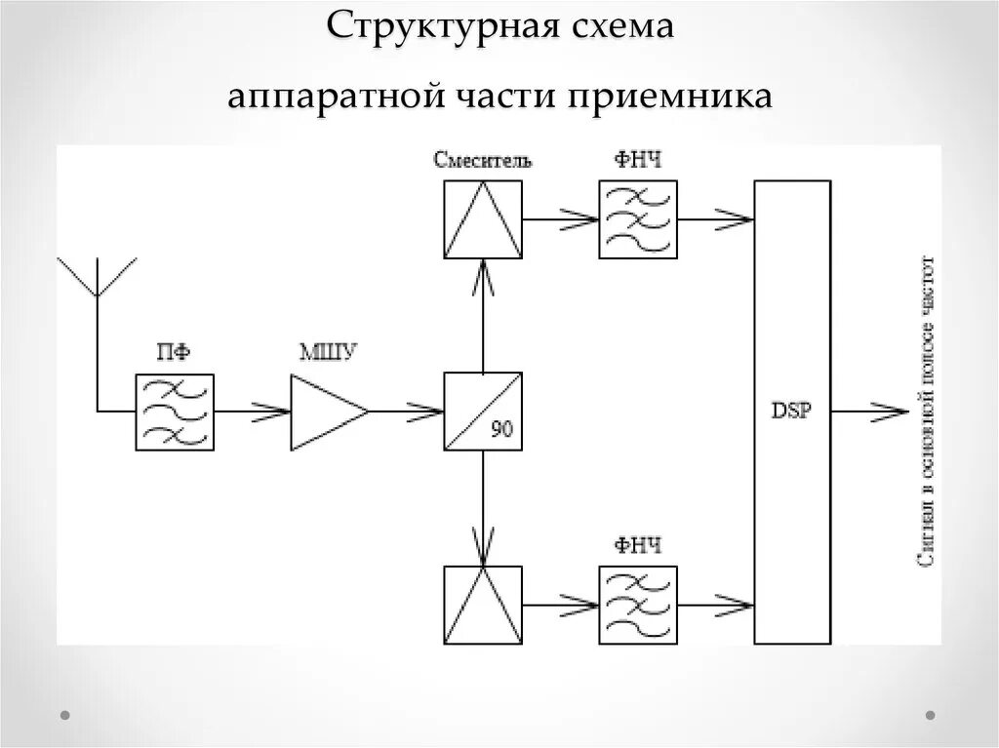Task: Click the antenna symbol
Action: click(x=98, y=278)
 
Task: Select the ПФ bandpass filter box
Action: click(x=176, y=411)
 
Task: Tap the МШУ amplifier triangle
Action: click(x=326, y=412)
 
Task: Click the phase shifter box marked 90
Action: click(x=483, y=411)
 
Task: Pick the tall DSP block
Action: click(x=792, y=412)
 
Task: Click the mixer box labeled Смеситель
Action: click(x=483, y=218)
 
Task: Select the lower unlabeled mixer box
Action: click(x=483, y=605)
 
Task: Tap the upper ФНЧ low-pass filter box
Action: click(x=638, y=218)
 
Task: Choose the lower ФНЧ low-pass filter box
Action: click(x=638, y=605)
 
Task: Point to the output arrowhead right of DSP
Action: click(x=890, y=412)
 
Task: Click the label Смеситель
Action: click(x=483, y=161)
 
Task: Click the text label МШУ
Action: click(x=327, y=353)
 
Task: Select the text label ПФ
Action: click(x=175, y=353)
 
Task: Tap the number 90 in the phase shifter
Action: click(x=501, y=430)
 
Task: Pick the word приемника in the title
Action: click(x=667, y=96)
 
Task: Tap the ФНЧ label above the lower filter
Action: click(x=638, y=546)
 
